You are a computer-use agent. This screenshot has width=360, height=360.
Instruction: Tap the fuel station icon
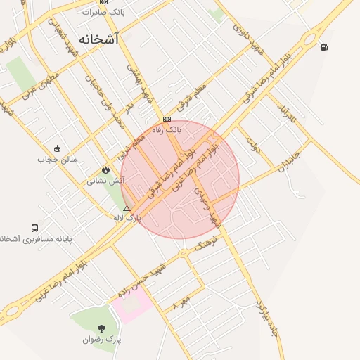click(323, 48)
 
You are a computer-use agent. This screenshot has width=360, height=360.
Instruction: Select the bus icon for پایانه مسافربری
click(35, 229)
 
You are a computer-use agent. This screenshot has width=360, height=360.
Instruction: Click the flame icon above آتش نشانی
click(105, 169)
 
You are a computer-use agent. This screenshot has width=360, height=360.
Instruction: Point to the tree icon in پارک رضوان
click(102, 328)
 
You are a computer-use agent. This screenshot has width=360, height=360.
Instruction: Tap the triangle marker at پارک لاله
click(127, 208)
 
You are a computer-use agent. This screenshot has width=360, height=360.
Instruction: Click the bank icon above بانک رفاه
click(167, 119)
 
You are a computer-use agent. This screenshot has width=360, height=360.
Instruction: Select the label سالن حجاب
click(51, 159)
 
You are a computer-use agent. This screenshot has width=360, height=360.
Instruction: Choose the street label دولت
click(253, 145)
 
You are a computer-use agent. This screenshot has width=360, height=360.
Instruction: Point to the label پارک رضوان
click(102, 340)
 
